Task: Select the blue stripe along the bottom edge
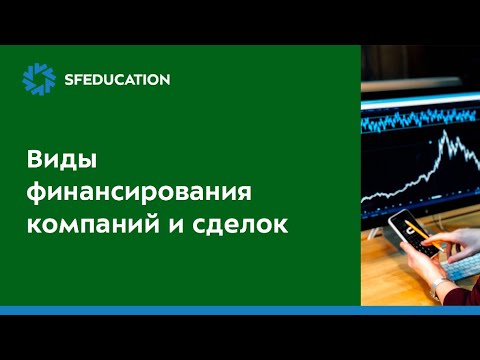coord(240,310)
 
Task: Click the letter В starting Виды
coord(32,160)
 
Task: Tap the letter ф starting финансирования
coord(34,192)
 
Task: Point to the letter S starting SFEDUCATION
coord(67,79)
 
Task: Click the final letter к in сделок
coord(280,225)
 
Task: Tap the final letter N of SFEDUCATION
coord(163,79)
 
